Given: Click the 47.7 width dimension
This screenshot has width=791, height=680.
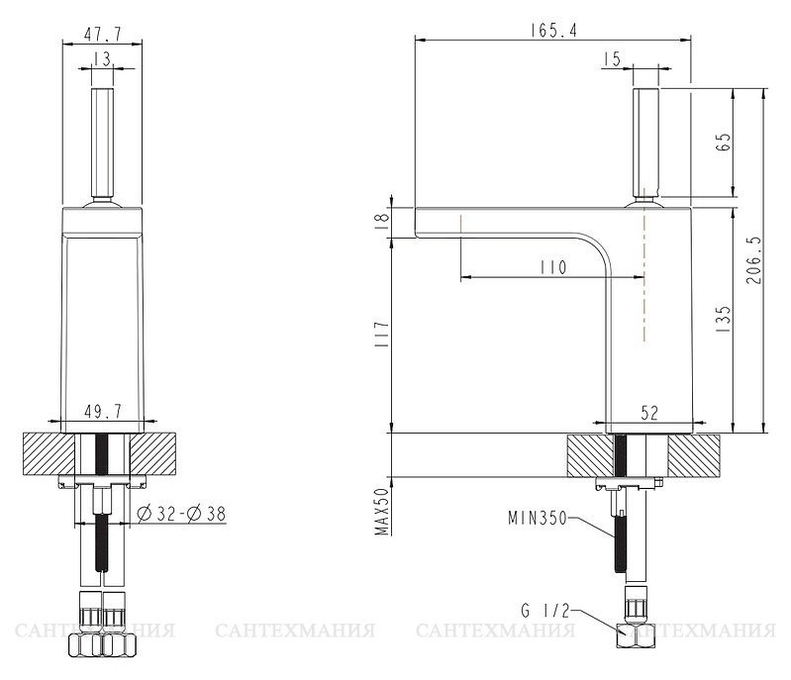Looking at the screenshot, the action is [x=102, y=34].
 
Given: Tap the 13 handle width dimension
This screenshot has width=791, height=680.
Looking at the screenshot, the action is [x=102, y=59].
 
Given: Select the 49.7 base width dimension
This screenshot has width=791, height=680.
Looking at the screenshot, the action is [x=102, y=411].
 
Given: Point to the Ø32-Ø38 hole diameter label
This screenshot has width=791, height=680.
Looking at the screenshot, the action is [x=181, y=514].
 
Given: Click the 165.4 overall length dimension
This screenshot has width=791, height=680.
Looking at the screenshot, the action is [x=553, y=31].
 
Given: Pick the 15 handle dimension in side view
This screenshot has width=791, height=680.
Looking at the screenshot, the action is [x=611, y=59].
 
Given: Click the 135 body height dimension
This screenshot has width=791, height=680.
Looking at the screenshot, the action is [x=723, y=318].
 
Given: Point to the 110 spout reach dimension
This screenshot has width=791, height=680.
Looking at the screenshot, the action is [x=552, y=267].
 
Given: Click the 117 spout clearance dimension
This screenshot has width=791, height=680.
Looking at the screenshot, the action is [x=382, y=334].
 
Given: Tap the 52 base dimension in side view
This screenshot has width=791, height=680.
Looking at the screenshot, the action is [x=649, y=413].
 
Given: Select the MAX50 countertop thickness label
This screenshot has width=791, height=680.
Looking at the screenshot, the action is [x=382, y=512].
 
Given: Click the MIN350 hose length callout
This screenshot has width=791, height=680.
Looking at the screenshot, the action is [x=538, y=518].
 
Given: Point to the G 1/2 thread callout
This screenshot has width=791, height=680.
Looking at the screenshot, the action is [x=544, y=611].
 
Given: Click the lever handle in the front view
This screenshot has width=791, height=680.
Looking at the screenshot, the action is [x=102, y=144].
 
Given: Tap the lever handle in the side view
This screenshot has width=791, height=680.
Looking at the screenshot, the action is [x=645, y=144].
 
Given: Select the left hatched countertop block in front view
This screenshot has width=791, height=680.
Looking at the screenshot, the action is [x=49, y=454].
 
